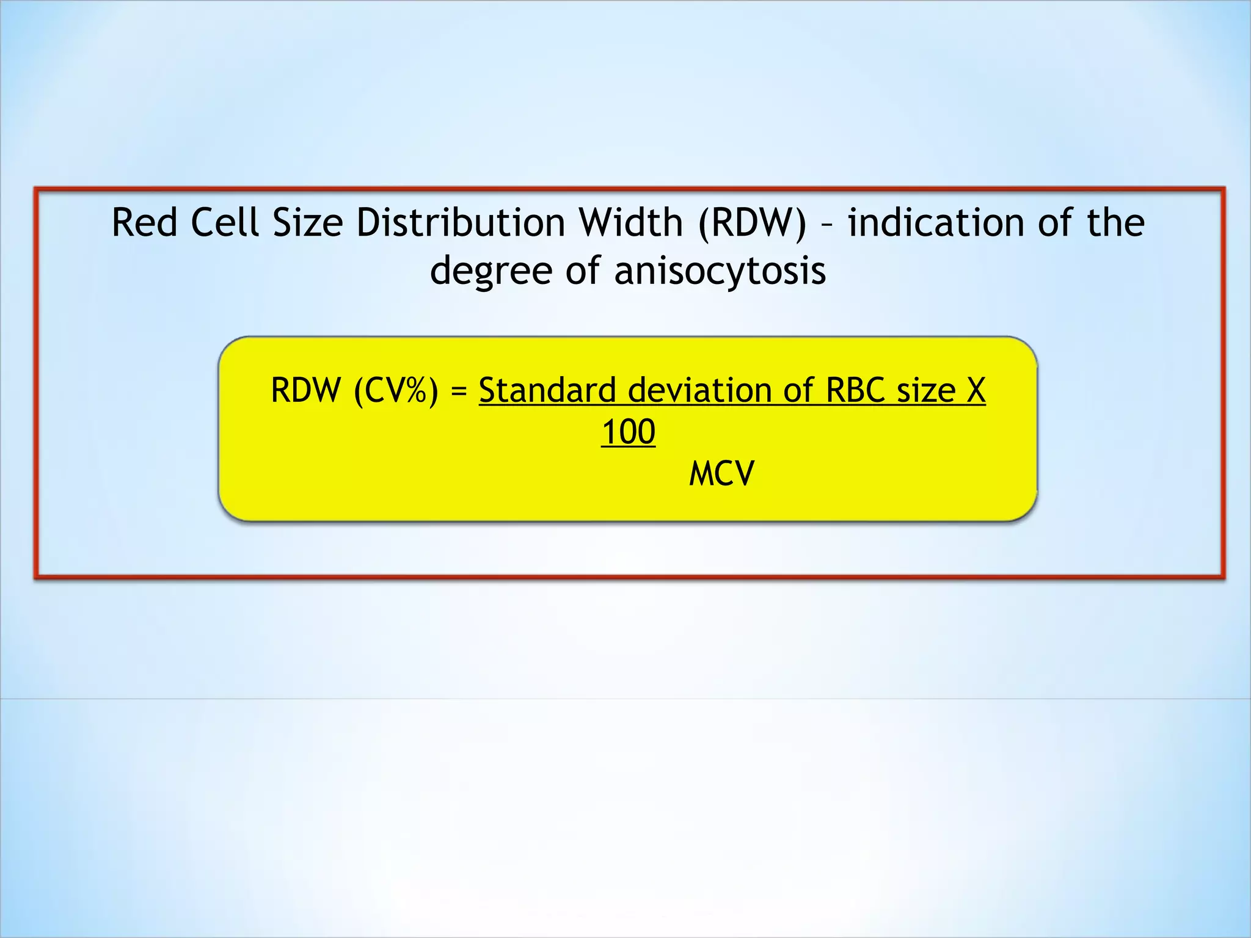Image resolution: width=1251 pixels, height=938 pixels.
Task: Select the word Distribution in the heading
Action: (x=461, y=222)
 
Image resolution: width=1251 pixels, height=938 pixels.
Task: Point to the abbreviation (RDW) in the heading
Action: (x=752, y=222)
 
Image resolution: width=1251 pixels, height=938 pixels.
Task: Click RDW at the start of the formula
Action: (x=305, y=390)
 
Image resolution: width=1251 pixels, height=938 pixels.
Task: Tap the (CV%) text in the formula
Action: (x=396, y=391)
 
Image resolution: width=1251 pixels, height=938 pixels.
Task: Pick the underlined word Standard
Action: (x=547, y=390)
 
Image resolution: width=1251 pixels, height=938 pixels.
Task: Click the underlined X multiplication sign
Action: (x=976, y=390)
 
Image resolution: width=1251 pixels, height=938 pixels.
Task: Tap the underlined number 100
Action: (x=628, y=432)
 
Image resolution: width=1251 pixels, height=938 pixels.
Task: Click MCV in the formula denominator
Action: (x=721, y=474)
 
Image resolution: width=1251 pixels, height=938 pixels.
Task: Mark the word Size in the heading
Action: (x=308, y=222)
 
